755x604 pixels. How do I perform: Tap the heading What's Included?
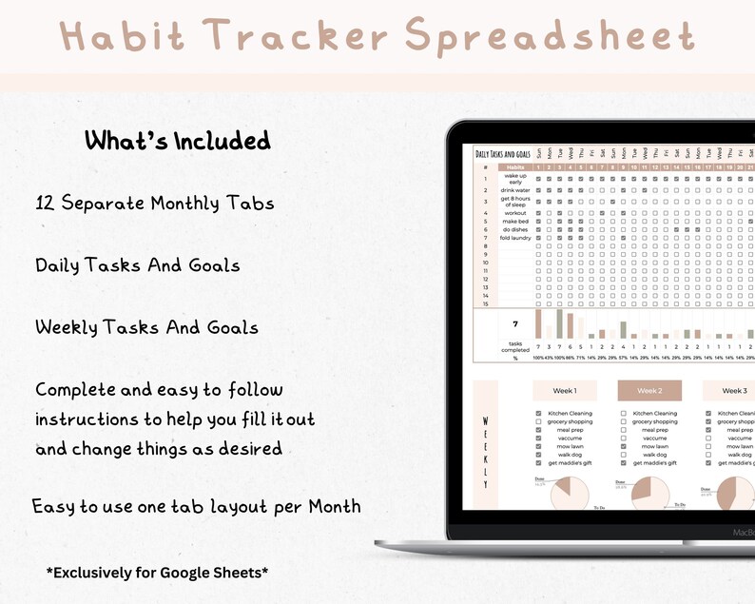click(177, 141)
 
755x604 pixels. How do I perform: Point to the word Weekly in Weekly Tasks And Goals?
click(67, 327)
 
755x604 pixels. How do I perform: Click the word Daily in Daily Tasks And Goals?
click(58, 265)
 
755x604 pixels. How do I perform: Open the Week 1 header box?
click(565, 391)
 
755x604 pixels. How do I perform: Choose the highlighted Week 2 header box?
click(649, 391)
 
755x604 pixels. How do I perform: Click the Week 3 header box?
click(733, 391)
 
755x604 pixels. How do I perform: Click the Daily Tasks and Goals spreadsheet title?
click(503, 152)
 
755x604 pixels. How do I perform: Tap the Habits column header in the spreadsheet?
click(515, 167)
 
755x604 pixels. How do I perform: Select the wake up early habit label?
click(515, 178)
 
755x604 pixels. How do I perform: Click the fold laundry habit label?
click(515, 238)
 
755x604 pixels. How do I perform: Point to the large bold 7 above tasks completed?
click(515, 324)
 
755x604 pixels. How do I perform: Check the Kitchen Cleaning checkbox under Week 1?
click(539, 414)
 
